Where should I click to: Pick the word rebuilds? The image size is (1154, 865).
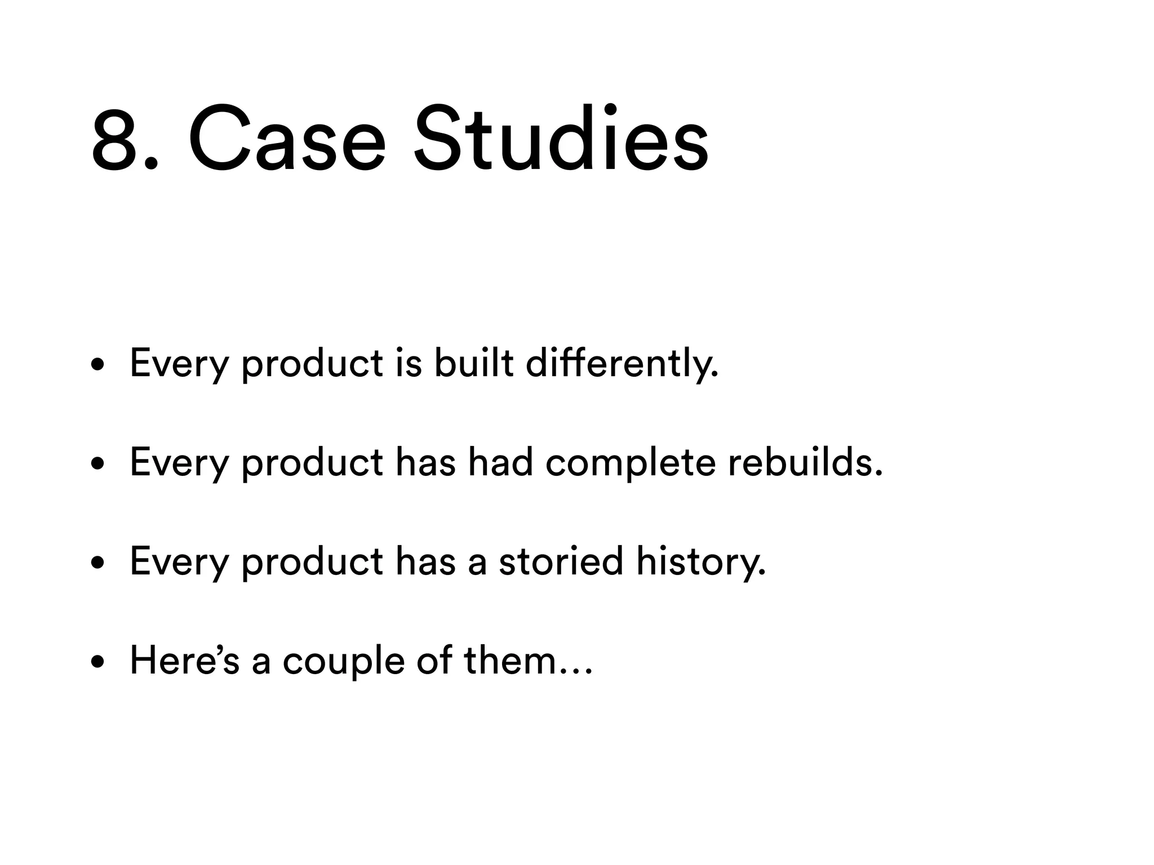click(805, 463)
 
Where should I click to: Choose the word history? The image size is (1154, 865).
click(702, 563)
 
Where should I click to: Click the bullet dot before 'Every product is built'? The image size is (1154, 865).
click(98, 365)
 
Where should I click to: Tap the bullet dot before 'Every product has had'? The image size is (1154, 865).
click(98, 465)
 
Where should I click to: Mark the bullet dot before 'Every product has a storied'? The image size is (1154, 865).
click(98, 564)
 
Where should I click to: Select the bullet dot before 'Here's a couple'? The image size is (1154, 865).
click(98, 663)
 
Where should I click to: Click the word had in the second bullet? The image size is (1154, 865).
click(500, 463)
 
